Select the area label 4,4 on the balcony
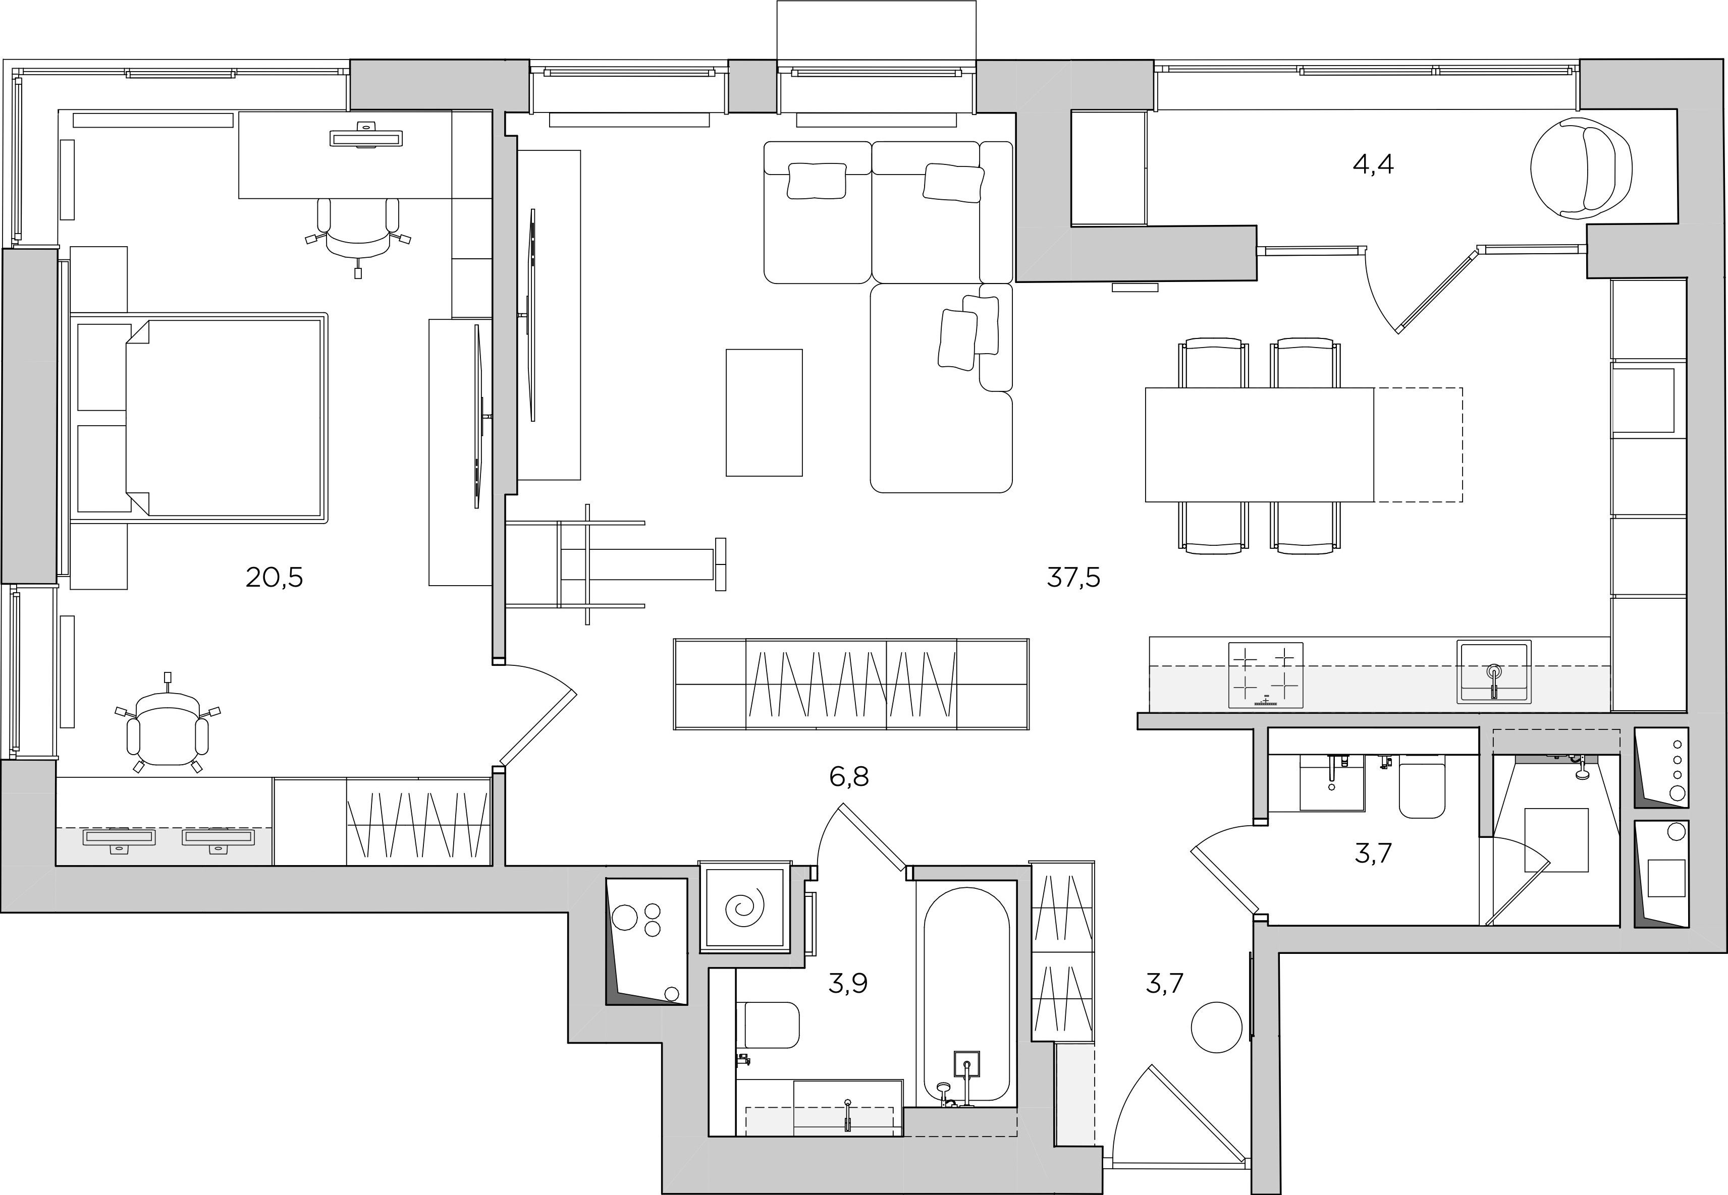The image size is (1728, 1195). (x=1373, y=164)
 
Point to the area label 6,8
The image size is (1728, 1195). (x=849, y=776)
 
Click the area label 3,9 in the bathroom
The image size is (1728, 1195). (x=848, y=983)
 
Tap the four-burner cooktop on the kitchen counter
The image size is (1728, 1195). (x=1265, y=674)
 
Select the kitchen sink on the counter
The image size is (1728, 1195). (x=1493, y=671)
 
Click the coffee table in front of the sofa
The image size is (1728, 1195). (x=764, y=413)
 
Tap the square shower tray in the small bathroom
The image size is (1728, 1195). (x=1556, y=839)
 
